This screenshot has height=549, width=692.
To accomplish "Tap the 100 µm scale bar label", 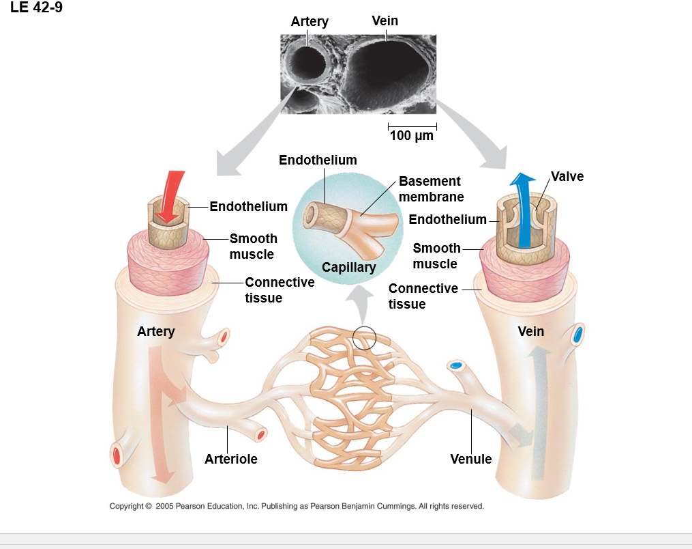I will tap(411, 135).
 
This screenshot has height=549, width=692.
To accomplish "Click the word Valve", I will tap(567, 176).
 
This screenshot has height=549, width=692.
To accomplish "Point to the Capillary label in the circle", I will tap(348, 267).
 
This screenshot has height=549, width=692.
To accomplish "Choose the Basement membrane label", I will tap(431, 189).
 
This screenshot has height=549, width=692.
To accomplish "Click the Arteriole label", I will tap(231, 459).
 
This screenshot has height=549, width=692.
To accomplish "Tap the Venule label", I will tap(471, 459).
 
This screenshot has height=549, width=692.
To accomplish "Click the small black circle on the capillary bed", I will tap(365, 337).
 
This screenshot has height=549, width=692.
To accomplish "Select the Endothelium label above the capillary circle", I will tap(318, 160).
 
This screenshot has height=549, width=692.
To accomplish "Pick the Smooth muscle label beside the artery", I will tap(253, 247).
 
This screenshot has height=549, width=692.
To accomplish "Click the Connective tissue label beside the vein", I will tap(423, 296).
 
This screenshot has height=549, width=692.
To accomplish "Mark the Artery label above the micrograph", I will tap(310, 21).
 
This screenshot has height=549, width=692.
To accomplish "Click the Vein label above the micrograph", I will tap(385, 20).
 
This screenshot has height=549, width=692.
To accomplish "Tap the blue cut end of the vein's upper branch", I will tap(578, 335).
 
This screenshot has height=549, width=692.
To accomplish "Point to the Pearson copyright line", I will tap(297, 506).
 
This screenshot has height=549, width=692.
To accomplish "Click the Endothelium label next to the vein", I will tap(447, 219).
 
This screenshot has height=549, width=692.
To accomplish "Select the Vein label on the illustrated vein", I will tap(530, 331).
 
